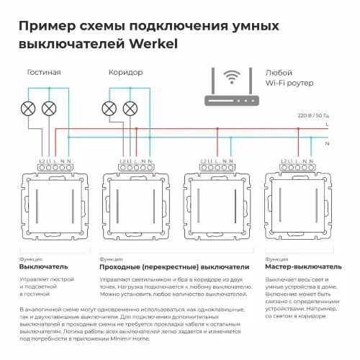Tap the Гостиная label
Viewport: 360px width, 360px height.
pos(43,73)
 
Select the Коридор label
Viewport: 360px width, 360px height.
pos(125,73)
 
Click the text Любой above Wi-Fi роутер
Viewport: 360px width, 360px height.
pos(279,73)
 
